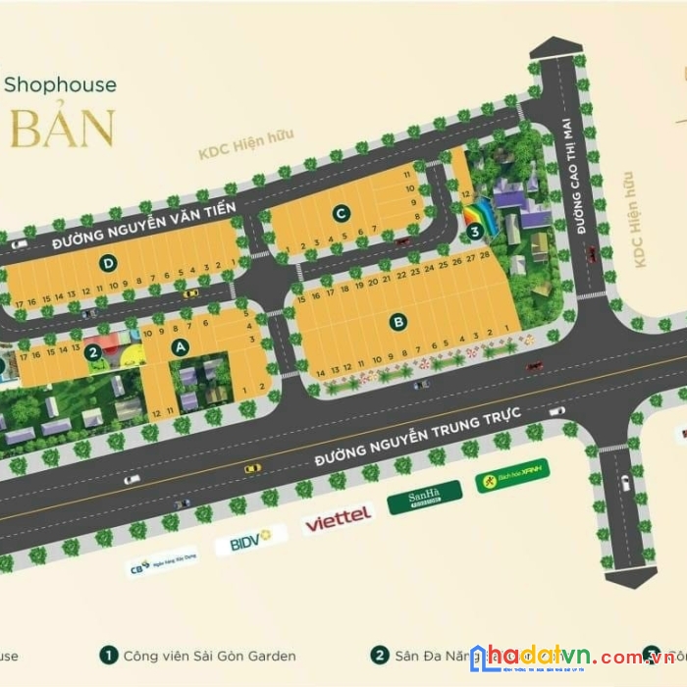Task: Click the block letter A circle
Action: point(180,345)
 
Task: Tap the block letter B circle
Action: point(398,320)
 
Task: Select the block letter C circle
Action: point(341,213)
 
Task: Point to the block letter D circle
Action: point(109,262)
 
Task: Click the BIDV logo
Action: point(250,540)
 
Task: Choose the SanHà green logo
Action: point(424,500)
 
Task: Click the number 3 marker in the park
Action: point(475,232)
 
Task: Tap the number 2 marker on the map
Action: point(92,352)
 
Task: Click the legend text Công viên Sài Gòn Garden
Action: point(209,656)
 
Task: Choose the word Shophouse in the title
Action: point(59,85)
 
